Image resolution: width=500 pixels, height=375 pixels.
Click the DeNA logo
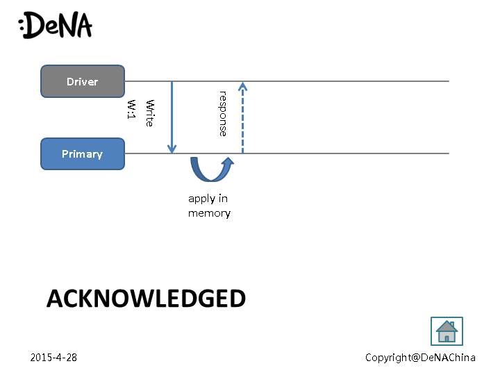[56, 25]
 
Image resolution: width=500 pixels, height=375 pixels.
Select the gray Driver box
[83, 81]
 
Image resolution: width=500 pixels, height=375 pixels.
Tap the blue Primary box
[83, 153]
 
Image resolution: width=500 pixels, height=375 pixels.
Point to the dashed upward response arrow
[242, 118]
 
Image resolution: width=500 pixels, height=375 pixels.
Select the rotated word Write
[149, 112]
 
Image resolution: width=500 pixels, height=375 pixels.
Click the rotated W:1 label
[131, 109]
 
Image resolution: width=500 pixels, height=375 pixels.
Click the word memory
[209, 213]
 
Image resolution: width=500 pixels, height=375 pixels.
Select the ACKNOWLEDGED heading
[146, 299]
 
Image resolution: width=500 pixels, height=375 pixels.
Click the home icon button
[447, 331]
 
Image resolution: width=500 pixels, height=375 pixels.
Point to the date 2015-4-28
[53, 357]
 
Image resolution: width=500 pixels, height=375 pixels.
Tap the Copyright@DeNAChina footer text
[420, 357]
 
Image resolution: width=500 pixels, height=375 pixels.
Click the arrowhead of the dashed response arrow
[242, 86]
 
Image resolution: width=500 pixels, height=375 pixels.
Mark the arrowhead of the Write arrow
[172, 149]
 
